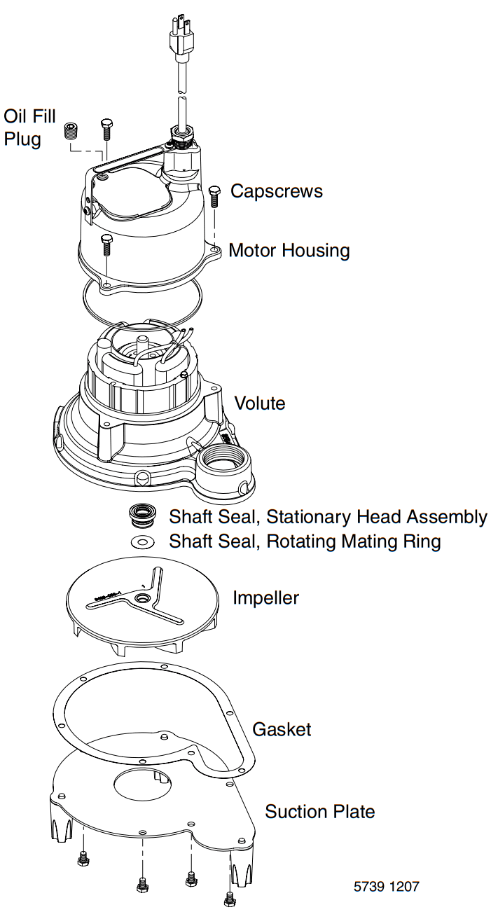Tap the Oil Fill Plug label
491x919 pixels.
click(x=29, y=127)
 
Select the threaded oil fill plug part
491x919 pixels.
click(x=71, y=130)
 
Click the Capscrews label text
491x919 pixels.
click(x=277, y=191)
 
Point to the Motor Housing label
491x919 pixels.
click(x=289, y=250)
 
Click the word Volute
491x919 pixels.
click(x=259, y=403)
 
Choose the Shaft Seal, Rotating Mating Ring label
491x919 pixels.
click(x=305, y=541)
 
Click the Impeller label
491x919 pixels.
click(x=265, y=598)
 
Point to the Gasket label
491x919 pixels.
click(x=282, y=729)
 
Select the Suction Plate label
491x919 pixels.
click(x=319, y=812)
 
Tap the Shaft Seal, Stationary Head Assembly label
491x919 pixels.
click(x=328, y=518)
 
